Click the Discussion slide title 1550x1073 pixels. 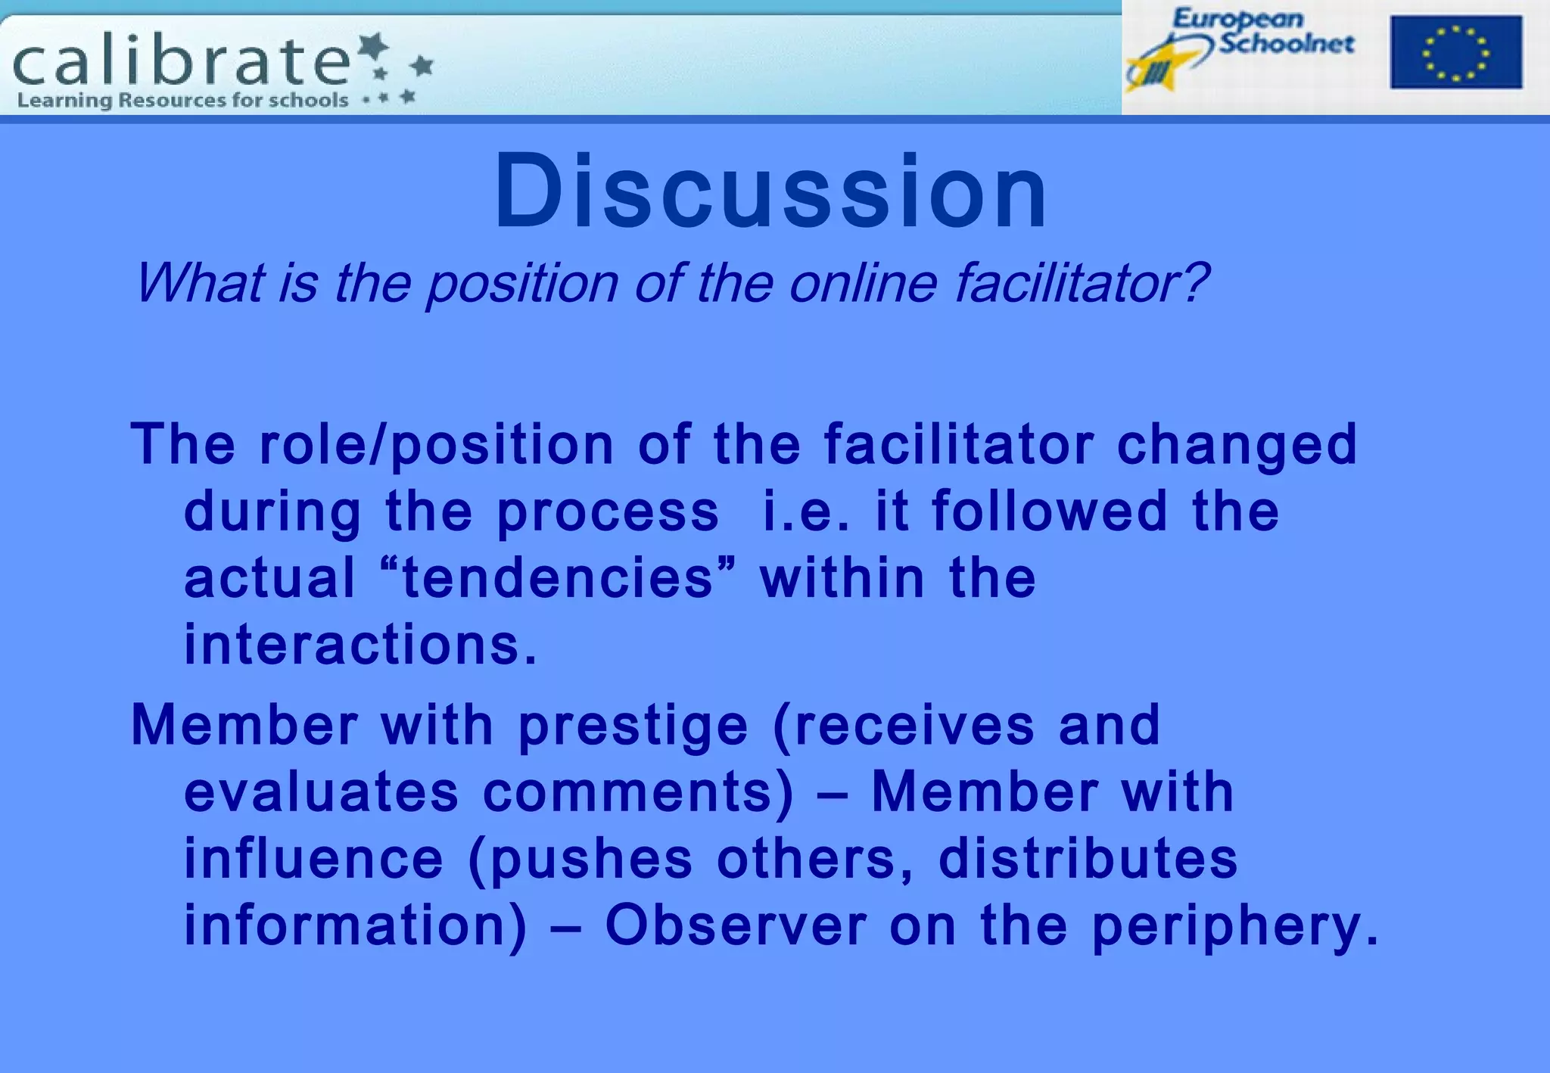770,191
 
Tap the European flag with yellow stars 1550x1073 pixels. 1455,52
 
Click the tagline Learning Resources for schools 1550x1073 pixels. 182,100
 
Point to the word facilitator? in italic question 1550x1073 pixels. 1081,283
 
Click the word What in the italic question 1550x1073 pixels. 199,283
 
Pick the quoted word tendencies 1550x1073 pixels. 558,577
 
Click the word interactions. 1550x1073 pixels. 360,645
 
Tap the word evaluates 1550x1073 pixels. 321,792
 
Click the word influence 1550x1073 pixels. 313,859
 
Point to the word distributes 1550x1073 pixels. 1088,859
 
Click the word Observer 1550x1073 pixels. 736,925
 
